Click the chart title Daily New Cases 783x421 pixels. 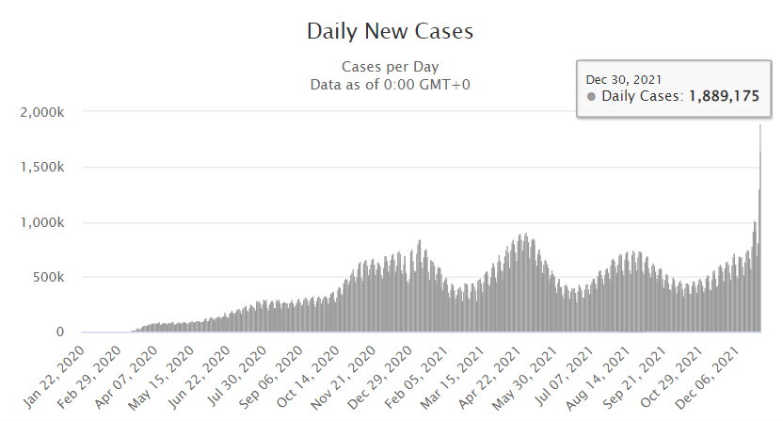point(390,31)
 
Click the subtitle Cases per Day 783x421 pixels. point(390,67)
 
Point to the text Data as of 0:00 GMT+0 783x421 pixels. point(390,85)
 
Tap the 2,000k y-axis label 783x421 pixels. point(41,112)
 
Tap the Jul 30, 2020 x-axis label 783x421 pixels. point(238,372)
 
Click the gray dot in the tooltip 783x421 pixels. point(591,96)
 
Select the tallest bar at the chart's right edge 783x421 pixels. point(760,226)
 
